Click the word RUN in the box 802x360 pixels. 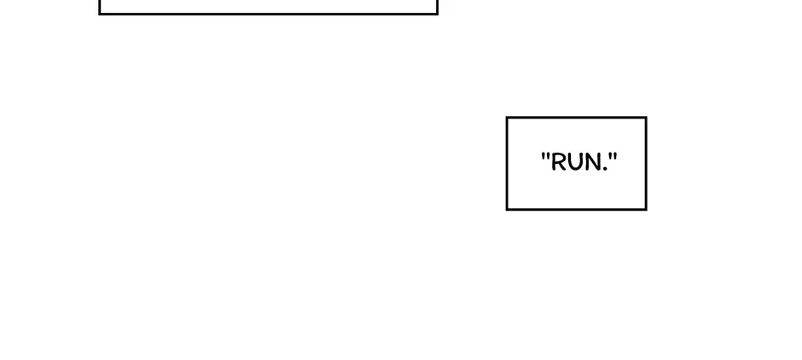[x=578, y=162]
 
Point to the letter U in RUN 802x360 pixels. [x=575, y=162]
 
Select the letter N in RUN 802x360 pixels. [x=594, y=162]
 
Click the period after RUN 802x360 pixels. [x=607, y=169]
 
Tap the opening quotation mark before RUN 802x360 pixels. [x=545, y=156]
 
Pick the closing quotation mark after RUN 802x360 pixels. [x=613, y=156]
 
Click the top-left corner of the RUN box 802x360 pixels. [x=507, y=118]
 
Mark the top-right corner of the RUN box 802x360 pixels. [x=646, y=118]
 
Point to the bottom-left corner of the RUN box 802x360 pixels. [x=507, y=209]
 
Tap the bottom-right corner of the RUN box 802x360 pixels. [x=646, y=209]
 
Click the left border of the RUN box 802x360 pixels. [x=507, y=164]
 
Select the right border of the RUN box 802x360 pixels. [x=646, y=164]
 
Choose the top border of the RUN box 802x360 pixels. [x=577, y=118]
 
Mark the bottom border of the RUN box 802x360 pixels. [x=577, y=209]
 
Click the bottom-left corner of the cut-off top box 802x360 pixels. [x=99, y=14]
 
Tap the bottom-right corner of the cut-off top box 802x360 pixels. [x=438, y=14]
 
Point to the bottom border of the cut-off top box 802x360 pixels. [x=268, y=14]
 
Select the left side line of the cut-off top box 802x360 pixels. [x=99, y=7]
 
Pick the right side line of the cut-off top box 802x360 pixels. [x=438, y=7]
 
